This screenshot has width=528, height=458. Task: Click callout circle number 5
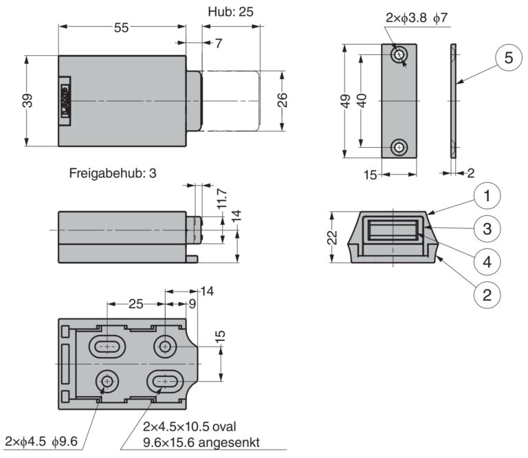click(508, 58)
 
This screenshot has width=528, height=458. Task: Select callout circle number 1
click(486, 197)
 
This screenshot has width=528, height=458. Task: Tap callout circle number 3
click(486, 228)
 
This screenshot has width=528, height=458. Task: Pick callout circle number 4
click(486, 261)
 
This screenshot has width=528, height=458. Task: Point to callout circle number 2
click(486, 295)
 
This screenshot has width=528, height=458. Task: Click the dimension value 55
click(122, 28)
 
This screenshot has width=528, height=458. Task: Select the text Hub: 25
click(230, 12)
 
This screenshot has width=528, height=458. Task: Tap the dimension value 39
click(27, 101)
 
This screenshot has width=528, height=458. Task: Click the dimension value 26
click(282, 100)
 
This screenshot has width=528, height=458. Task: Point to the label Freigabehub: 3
click(113, 173)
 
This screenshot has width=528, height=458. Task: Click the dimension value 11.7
click(222, 200)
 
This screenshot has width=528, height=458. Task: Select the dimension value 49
click(348, 101)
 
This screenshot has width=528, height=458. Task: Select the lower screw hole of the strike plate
click(399, 146)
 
